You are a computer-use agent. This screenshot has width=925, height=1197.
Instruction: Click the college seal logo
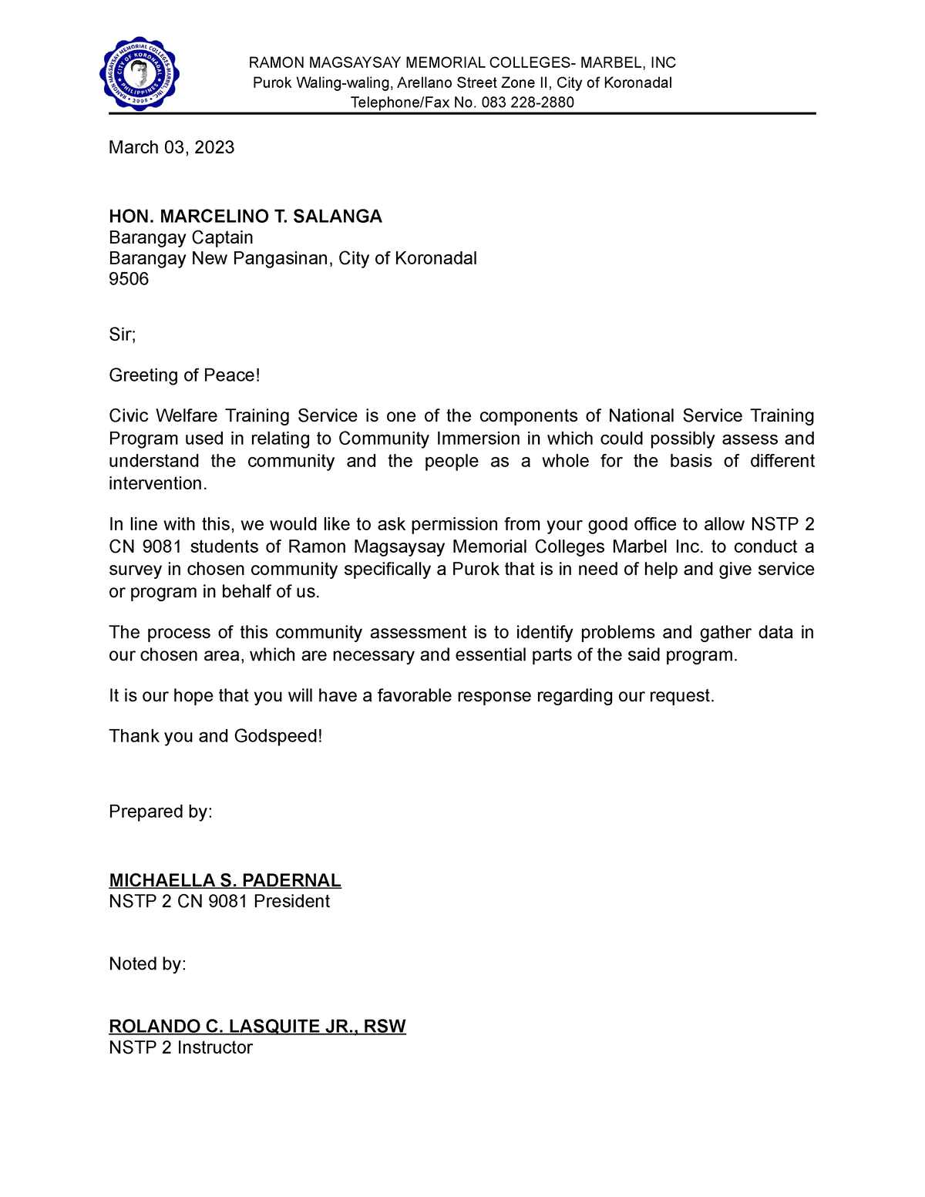coord(140,74)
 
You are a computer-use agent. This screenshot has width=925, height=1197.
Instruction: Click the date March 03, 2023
coord(171,147)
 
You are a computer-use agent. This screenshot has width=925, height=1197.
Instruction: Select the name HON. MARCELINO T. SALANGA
coord(245,217)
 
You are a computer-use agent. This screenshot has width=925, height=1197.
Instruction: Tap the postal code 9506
coord(129,279)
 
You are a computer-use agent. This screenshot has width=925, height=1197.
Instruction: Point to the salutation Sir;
coord(122,335)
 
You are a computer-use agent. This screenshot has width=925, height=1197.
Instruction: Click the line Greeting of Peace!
coord(184,375)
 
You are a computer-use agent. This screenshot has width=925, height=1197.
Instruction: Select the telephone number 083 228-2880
coord(527,103)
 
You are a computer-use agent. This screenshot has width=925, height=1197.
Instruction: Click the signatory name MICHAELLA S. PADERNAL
coord(224,880)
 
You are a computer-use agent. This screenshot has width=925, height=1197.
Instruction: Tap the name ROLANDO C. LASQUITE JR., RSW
coord(257,1027)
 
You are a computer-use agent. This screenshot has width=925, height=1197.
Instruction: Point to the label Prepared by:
coord(160,812)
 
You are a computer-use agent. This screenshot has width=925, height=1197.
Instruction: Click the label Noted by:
coord(147,964)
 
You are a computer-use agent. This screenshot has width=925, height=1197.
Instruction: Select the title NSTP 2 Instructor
coord(180,1047)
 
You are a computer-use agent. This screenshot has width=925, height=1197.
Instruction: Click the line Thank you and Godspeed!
coord(215,736)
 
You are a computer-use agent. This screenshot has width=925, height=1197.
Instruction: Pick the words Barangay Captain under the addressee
coord(180,237)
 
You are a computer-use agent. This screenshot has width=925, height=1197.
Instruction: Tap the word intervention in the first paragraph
coord(156,483)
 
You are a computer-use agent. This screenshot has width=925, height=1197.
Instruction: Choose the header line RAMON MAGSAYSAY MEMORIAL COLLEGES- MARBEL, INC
coord(462,63)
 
